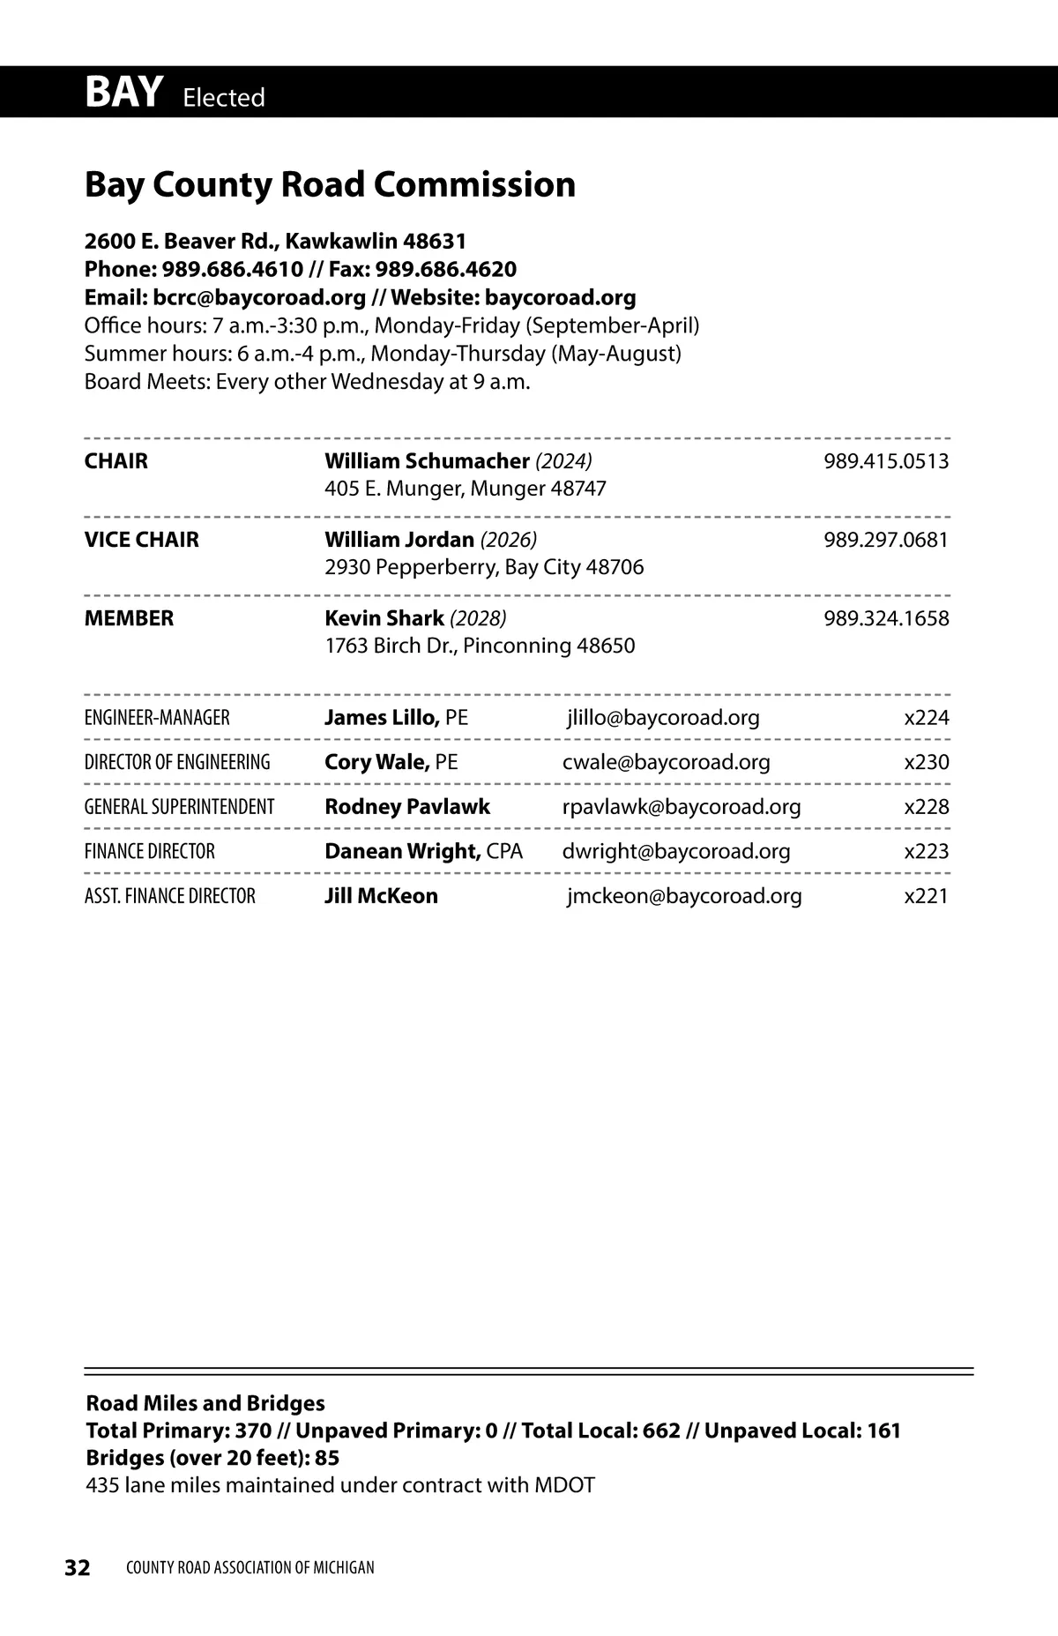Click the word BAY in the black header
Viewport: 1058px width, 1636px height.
pos(123,93)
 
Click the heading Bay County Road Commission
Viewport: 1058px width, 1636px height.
pos(330,185)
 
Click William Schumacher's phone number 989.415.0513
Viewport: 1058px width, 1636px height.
pos(886,461)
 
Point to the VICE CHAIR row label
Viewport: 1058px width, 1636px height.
pos(141,540)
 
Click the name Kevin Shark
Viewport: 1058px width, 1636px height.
pos(384,618)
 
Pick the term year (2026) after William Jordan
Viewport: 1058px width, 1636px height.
pos(508,540)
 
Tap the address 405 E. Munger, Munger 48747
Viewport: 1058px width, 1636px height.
pos(465,489)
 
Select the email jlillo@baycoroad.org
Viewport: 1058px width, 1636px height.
pos(663,718)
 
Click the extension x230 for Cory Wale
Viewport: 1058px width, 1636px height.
pos(927,762)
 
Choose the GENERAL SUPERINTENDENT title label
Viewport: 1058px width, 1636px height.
pos(179,807)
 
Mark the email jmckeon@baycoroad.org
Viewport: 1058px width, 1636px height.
pos(684,896)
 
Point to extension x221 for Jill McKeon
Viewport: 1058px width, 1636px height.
pos(927,896)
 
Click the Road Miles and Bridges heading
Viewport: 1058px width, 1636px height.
pos(205,1403)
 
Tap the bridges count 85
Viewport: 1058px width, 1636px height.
pos(327,1458)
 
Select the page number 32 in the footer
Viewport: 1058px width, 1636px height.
pos(78,1567)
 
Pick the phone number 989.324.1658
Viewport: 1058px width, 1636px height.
pos(886,618)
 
